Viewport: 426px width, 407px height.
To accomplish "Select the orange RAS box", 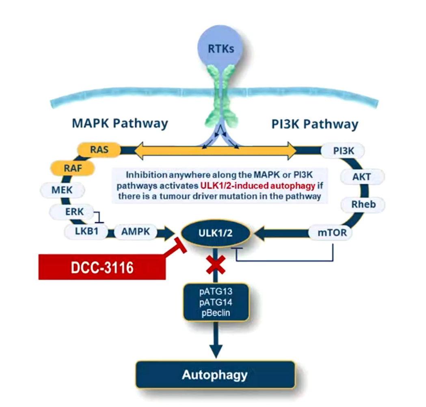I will (x=99, y=150).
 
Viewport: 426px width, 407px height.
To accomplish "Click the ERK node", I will (x=69, y=211).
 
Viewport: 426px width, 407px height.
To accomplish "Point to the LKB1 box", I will (x=86, y=232).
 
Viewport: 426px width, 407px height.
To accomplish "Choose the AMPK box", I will (x=136, y=232).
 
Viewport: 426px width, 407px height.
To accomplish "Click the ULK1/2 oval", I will (x=215, y=233).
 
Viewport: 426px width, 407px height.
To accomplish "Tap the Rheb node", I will (x=363, y=205).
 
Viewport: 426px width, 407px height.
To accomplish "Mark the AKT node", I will (x=361, y=177).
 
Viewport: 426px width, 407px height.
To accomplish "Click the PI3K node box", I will (x=343, y=151).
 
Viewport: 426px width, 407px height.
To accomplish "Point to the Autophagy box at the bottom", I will (x=215, y=375).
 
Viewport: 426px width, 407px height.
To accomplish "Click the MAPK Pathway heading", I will (x=120, y=123).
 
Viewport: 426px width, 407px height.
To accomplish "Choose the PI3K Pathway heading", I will (x=315, y=124).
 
